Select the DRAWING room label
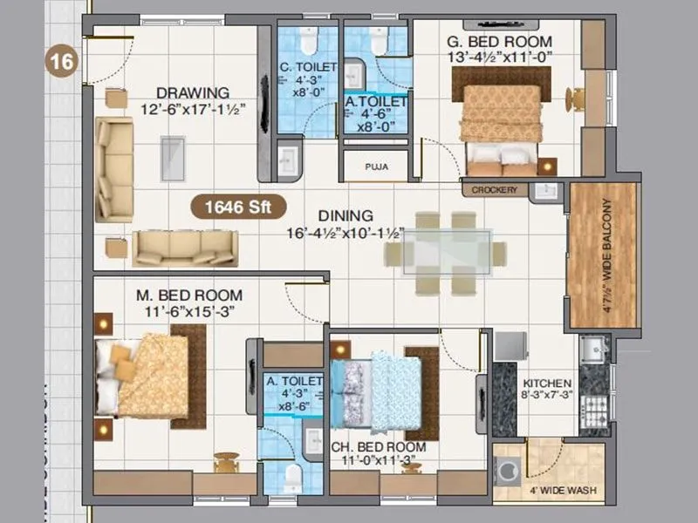point(193,92)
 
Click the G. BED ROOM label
point(500,41)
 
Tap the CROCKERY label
point(494,190)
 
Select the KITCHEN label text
point(547,384)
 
